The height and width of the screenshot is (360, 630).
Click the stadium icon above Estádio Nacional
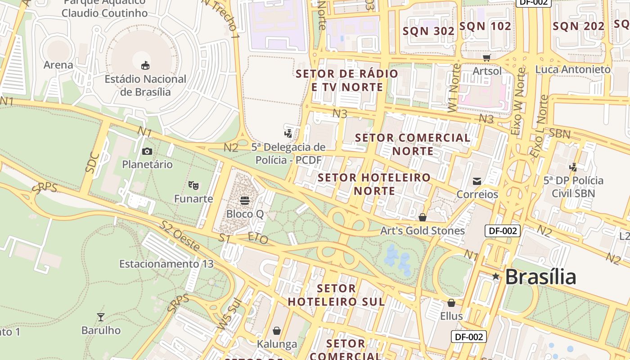click(145, 66)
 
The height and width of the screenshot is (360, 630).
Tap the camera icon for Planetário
click(147, 151)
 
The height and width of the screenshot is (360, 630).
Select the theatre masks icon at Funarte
click(193, 185)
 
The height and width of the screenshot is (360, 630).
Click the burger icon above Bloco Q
click(245, 200)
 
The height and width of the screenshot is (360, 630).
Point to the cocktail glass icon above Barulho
click(101, 317)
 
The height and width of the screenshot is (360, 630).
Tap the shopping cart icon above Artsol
click(486, 58)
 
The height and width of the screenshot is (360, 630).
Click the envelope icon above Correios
click(477, 181)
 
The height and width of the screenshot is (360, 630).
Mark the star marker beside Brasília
click(496, 276)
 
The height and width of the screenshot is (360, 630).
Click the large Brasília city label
click(540, 277)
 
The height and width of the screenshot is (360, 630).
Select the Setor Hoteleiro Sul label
click(336, 295)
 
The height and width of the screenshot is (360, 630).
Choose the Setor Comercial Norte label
click(413, 144)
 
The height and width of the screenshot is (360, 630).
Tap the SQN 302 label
click(428, 31)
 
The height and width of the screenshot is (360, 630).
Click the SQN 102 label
click(485, 26)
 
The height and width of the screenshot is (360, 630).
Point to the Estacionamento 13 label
click(166, 264)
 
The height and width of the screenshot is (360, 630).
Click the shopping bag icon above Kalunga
click(277, 331)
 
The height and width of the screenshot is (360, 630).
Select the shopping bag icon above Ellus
click(451, 303)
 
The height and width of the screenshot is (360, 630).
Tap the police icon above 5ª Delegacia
click(288, 133)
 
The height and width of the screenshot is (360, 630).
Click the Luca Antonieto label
click(572, 69)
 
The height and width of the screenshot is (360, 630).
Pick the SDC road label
click(92, 163)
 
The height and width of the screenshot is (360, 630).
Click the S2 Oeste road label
click(180, 236)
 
